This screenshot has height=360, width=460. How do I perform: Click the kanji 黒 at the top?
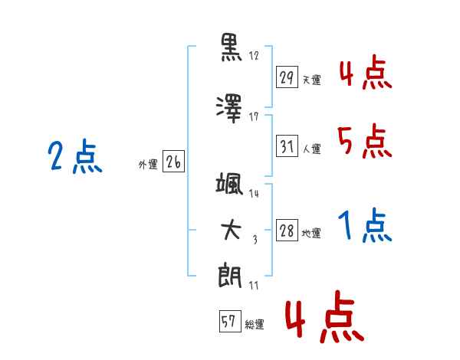(231, 47)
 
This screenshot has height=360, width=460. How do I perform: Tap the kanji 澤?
(229, 109)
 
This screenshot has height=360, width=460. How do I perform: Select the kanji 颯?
(229, 184)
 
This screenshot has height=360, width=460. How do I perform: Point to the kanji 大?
(232, 230)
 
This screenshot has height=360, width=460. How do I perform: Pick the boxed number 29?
(287, 77)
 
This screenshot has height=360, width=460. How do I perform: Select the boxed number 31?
(287, 146)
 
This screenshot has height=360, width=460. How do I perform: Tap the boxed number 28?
(287, 230)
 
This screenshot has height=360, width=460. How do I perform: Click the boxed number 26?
(173, 162)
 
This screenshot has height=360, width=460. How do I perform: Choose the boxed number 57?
(230, 321)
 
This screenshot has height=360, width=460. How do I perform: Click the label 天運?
(312, 80)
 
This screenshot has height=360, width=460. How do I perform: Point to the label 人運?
(312, 149)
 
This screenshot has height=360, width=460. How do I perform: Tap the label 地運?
(311, 234)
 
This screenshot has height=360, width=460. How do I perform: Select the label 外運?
(148, 165)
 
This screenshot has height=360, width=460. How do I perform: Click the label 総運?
(255, 324)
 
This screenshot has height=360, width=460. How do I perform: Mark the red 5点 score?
(365, 141)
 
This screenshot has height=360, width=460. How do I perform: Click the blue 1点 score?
(365, 225)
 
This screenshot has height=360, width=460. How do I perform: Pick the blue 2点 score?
(75, 156)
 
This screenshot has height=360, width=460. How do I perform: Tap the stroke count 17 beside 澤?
(254, 116)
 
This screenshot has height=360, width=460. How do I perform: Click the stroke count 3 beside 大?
(255, 240)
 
